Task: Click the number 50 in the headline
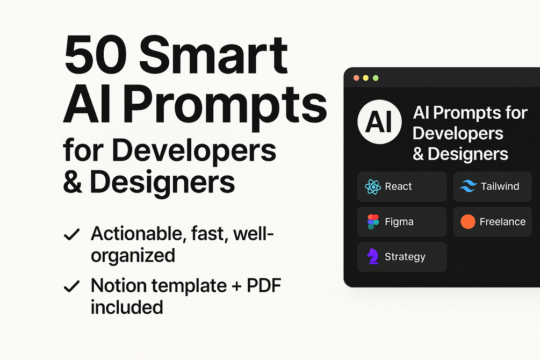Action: click(95, 55)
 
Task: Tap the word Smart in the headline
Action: click(213, 55)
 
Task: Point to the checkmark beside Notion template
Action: click(71, 286)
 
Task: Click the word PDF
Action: click(264, 285)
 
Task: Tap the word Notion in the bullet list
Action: click(119, 285)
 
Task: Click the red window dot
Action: click(356, 78)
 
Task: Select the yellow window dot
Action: click(366, 78)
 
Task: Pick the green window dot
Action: click(376, 78)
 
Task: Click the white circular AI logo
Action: click(379, 121)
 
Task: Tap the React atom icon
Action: click(373, 187)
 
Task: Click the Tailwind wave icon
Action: click(469, 186)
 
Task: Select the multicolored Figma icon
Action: click(373, 222)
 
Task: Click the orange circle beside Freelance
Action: click(468, 221)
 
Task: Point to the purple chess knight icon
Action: click(373, 256)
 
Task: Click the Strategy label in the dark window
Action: click(405, 257)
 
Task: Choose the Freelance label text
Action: click(502, 221)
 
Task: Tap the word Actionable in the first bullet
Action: click(136, 234)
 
